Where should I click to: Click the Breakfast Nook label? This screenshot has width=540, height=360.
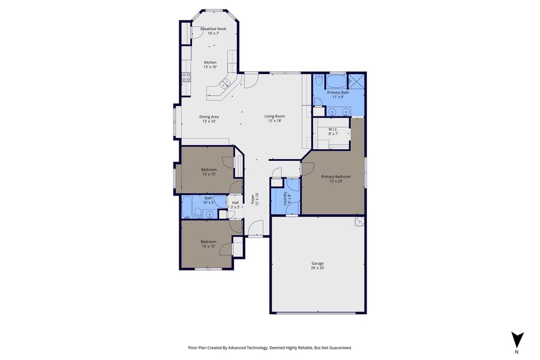tap(214, 29)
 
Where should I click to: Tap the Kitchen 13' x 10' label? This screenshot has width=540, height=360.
tap(210, 65)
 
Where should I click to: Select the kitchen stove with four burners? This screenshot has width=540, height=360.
tap(186, 77)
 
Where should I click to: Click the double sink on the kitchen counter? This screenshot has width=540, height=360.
tap(226, 83)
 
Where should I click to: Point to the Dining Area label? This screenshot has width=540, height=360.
tap(209, 116)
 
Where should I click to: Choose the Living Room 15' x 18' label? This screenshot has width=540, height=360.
tap(275, 119)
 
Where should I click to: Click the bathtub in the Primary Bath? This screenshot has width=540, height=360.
tap(336, 82)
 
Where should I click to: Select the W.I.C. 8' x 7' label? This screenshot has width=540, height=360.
tap(333, 131)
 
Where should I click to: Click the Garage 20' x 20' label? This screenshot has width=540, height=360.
tap(317, 266)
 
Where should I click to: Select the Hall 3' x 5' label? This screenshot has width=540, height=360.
tap(235, 205)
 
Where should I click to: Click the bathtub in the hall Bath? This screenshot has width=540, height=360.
tap(187, 207)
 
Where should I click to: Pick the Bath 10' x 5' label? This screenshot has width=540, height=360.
tap(209, 200)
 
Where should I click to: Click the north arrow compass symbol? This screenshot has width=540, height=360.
tap(517, 339)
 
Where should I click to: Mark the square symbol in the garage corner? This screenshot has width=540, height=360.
tap(360, 222)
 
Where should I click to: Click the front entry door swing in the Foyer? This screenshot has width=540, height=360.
tap(256, 228)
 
